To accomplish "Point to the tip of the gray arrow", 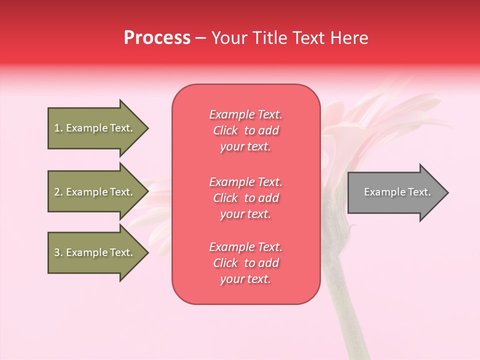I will pyautogui.click(x=446, y=192).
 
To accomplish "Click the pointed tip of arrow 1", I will pyautogui.click(x=147, y=128).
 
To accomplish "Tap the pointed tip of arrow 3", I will pyautogui.click(x=147, y=252).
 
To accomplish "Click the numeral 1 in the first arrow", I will pyautogui.click(x=56, y=128).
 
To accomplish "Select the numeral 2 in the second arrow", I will pyautogui.click(x=56, y=192).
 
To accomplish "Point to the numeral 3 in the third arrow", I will pyautogui.click(x=56, y=252).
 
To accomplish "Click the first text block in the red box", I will pyautogui.click(x=245, y=130).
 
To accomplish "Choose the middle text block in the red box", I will pyautogui.click(x=245, y=198).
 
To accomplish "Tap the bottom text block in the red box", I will pyautogui.click(x=245, y=263).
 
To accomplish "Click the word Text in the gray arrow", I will pyautogui.click(x=419, y=192).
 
